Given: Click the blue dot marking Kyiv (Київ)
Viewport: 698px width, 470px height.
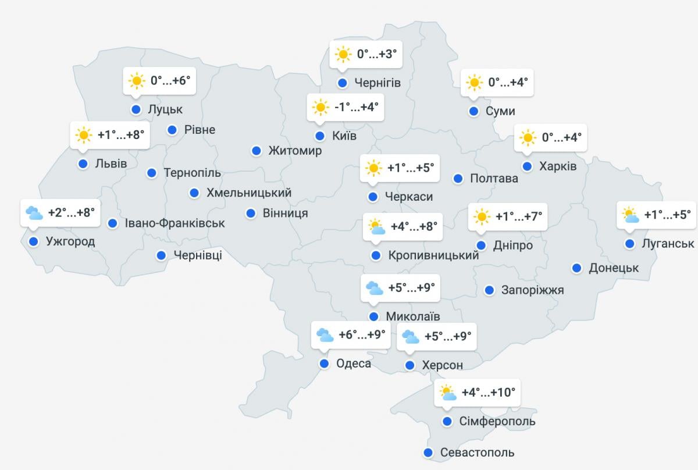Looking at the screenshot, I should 319,136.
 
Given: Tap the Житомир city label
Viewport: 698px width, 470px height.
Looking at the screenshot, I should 295,151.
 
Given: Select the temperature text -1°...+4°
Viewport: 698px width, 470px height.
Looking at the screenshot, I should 357,107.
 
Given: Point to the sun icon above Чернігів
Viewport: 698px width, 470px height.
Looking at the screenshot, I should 343,55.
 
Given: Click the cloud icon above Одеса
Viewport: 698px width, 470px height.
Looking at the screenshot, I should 324,335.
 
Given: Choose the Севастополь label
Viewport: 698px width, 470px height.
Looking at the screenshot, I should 477,453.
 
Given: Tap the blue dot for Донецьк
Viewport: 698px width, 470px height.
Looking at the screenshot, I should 576,268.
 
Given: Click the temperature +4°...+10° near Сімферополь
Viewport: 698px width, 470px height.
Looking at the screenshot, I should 488,392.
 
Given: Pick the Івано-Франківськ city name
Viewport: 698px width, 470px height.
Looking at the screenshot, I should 174,223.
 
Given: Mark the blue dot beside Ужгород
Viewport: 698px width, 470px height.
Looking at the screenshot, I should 33,241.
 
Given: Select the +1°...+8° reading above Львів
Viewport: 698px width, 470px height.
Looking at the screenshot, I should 120,135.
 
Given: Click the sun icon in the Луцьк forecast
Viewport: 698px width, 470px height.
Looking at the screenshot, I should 136,81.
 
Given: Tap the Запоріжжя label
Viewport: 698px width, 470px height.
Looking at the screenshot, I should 532,290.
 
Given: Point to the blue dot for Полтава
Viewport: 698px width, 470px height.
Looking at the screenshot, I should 458,179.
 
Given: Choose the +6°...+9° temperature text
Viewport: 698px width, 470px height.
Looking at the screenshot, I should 362,335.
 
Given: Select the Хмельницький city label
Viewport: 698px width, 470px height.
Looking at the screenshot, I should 249,193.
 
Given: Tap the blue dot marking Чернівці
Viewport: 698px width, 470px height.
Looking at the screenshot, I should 161,255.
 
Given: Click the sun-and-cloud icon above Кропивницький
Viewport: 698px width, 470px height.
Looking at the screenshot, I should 376,226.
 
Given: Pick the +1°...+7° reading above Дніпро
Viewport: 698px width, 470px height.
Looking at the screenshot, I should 518,216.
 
